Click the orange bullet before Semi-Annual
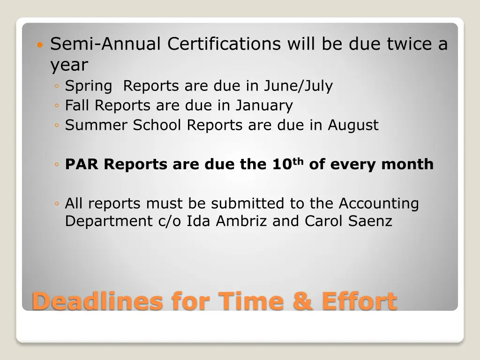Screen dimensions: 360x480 40,46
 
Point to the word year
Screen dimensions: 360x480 69,66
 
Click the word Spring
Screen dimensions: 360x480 89,87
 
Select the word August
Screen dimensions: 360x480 353,125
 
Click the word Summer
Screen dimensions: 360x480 96,125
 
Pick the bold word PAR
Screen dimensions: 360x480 82,165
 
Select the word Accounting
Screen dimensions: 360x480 379,204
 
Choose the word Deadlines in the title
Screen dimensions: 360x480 97,300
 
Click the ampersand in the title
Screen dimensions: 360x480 302,300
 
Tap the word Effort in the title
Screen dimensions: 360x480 359,300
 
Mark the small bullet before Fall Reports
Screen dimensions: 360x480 56,106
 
